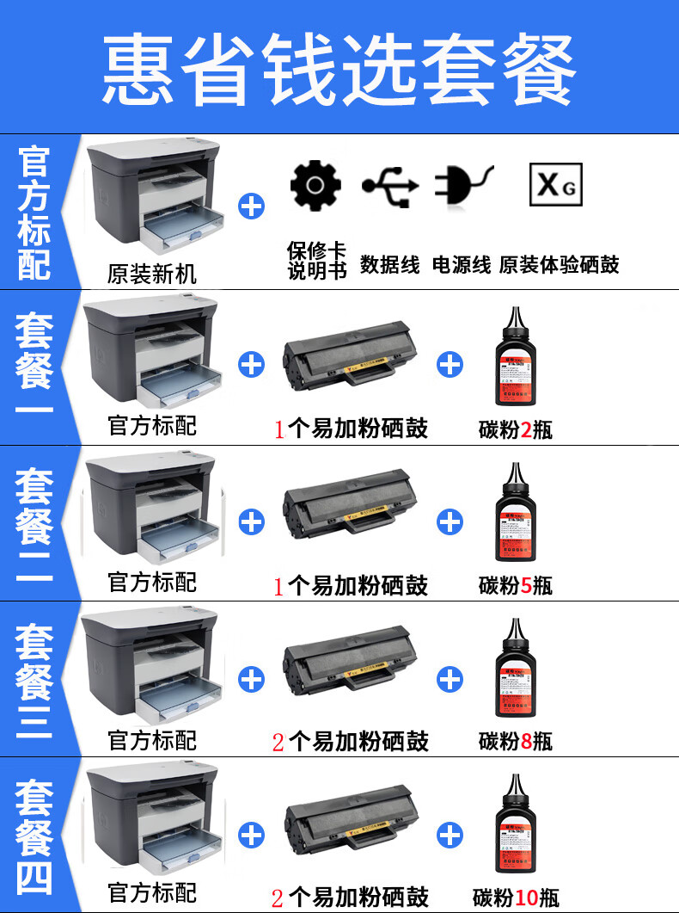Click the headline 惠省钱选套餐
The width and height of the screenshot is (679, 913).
[339, 70]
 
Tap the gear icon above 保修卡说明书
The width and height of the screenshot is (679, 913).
[315, 184]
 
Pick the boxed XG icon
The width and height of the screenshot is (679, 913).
[555, 184]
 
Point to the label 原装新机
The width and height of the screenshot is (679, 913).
[152, 275]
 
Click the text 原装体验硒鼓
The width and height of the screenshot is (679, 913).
[559, 265]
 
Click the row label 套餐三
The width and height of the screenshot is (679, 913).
[34, 680]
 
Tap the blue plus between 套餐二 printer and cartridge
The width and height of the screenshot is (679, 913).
[251, 521]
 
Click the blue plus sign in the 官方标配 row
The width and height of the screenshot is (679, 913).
[251, 207]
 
